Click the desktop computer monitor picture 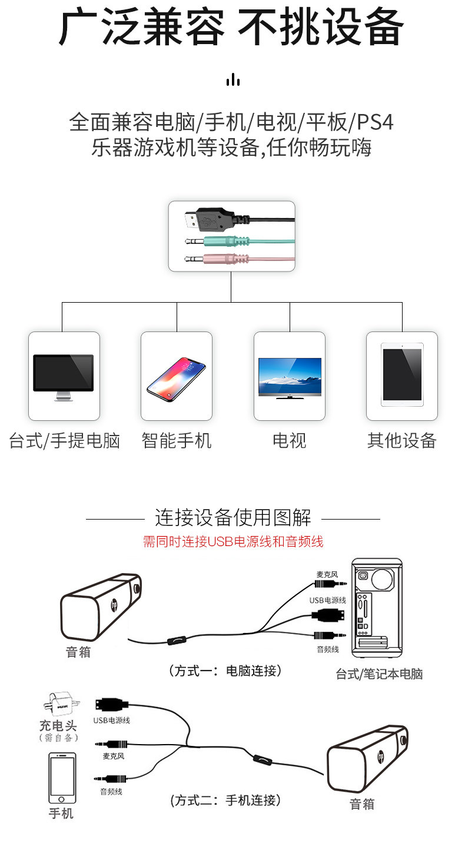pyautogui.click(x=64, y=377)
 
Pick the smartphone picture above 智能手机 pyautogui.click(x=176, y=377)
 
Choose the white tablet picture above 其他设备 pyautogui.click(x=402, y=375)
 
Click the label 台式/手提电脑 pyautogui.click(x=64, y=440)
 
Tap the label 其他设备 pyautogui.click(x=402, y=440)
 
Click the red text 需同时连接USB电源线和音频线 pyautogui.click(x=233, y=541)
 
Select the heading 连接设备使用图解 pyautogui.click(x=233, y=518)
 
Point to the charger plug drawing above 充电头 pyautogui.click(x=58, y=704)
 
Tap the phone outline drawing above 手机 pyautogui.click(x=62, y=777)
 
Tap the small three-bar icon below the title pyautogui.click(x=233, y=79)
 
